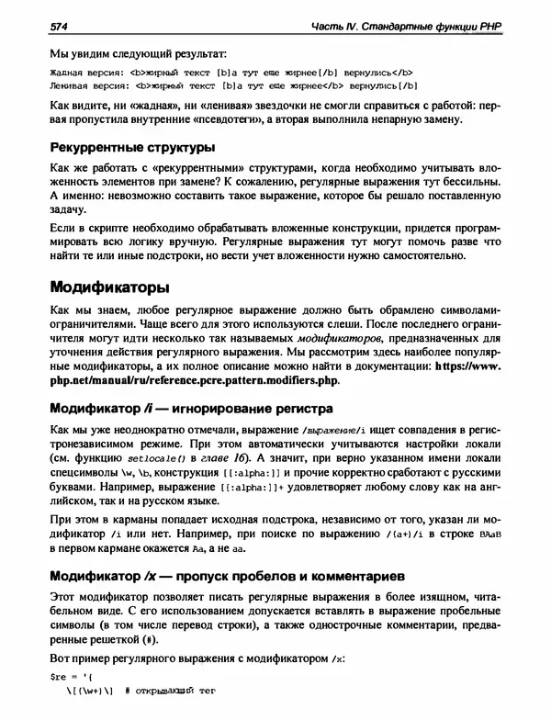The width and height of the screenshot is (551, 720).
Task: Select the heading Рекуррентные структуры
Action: [x=132, y=147]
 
